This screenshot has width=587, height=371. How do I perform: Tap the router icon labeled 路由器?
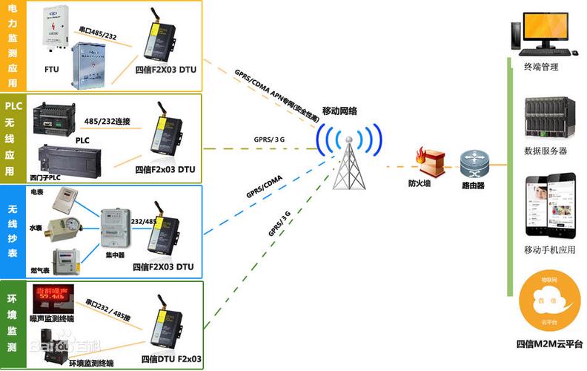(x=471, y=161)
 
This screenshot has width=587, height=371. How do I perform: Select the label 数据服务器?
(x=545, y=151)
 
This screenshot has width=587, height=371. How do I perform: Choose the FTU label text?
(x=52, y=69)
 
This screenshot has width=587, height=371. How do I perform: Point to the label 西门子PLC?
(x=47, y=177)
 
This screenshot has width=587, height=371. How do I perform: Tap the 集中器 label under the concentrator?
(x=115, y=255)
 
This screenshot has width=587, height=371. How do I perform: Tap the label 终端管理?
(x=540, y=67)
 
